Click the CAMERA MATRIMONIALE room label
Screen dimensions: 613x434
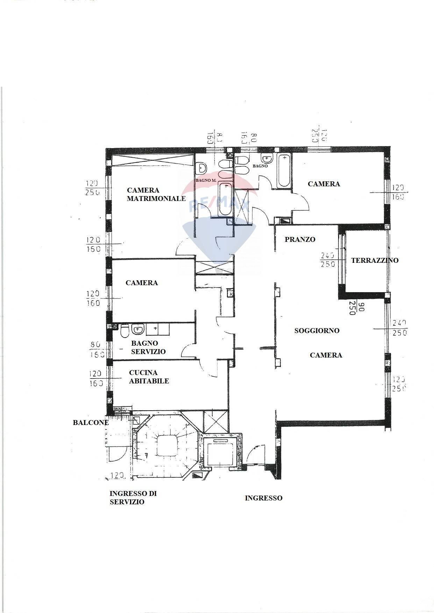[x=156, y=194]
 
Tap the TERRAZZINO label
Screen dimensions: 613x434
[x=375, y=260]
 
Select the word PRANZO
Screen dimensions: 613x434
[x=300, y=239]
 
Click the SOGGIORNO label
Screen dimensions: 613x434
[x=316, y=331]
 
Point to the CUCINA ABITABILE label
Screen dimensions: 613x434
[x=149, y=377]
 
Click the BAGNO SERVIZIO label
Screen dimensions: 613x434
[x=148, y=347]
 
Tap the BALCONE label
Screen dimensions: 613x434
[x=91, y=423]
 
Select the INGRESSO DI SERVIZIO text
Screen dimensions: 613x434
[x=133, y=498]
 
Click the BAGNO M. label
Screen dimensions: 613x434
[x=206, y=180]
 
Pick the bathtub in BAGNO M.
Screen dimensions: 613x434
[x=225, y=199]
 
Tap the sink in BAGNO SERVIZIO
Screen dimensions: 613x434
[x=138, y=329]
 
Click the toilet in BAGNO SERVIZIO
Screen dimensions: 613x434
[x=124, y=331]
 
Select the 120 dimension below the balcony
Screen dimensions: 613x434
[x=117, y=476]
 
